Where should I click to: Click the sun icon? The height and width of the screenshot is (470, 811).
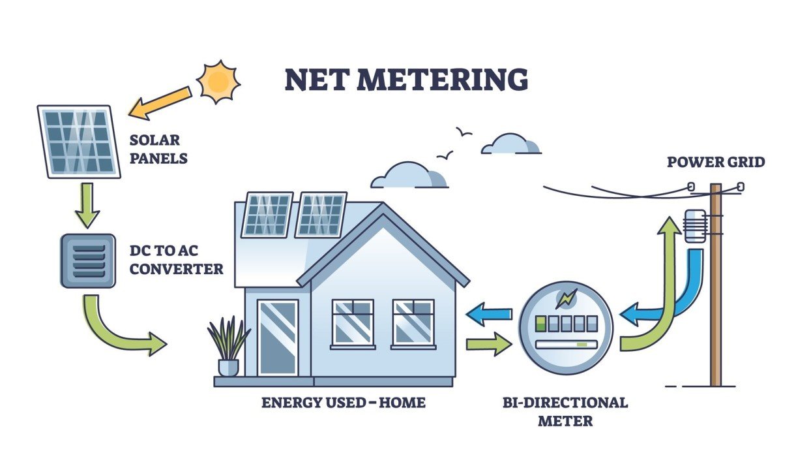point(218,82)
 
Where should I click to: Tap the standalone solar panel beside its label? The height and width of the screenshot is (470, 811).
point(79,141)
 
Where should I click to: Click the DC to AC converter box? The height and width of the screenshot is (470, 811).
point(87,261)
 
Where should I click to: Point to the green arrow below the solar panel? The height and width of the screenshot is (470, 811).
point(87,204)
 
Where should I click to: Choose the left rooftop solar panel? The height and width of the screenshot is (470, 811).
point(267,214)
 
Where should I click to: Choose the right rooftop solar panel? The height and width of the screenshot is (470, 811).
point(320,214)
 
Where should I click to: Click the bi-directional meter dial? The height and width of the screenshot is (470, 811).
point(565,327)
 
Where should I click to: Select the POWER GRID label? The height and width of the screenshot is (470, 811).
point(715,161)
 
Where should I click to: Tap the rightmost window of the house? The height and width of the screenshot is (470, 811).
point(413,322)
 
